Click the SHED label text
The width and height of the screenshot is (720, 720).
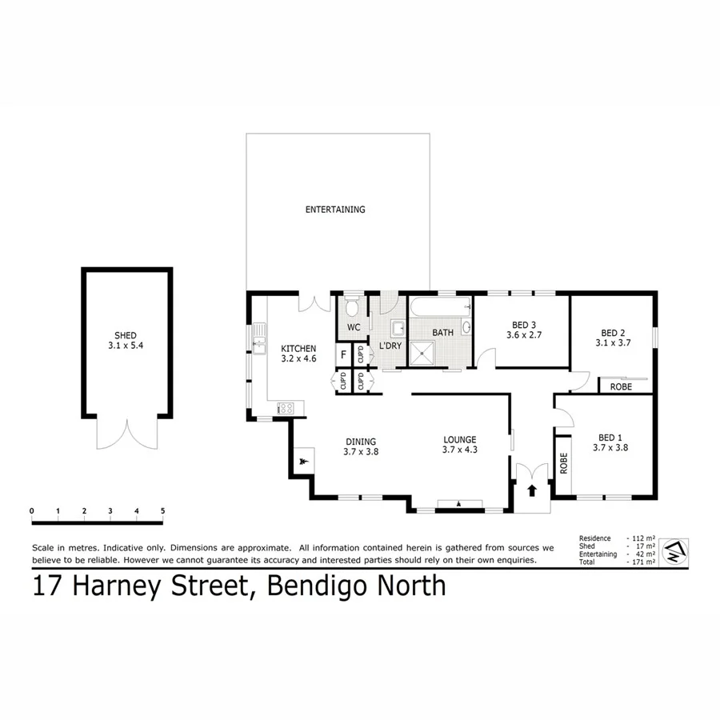pos(126,335)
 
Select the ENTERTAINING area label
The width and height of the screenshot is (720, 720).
pos(335,210)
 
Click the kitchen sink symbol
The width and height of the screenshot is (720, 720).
pos(259,345)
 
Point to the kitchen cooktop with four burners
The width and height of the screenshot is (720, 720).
pos(286,408)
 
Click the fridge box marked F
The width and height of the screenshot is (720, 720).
pos(343,354)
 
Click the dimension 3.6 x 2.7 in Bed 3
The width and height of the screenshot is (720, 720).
pos(524,335)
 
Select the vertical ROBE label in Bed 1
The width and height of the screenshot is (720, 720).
pos(563,463)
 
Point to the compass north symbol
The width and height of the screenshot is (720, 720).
pos(676,550)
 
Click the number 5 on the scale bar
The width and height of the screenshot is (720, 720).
pos(162,510)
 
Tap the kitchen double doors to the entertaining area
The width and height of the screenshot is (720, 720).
pos(314,303)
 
